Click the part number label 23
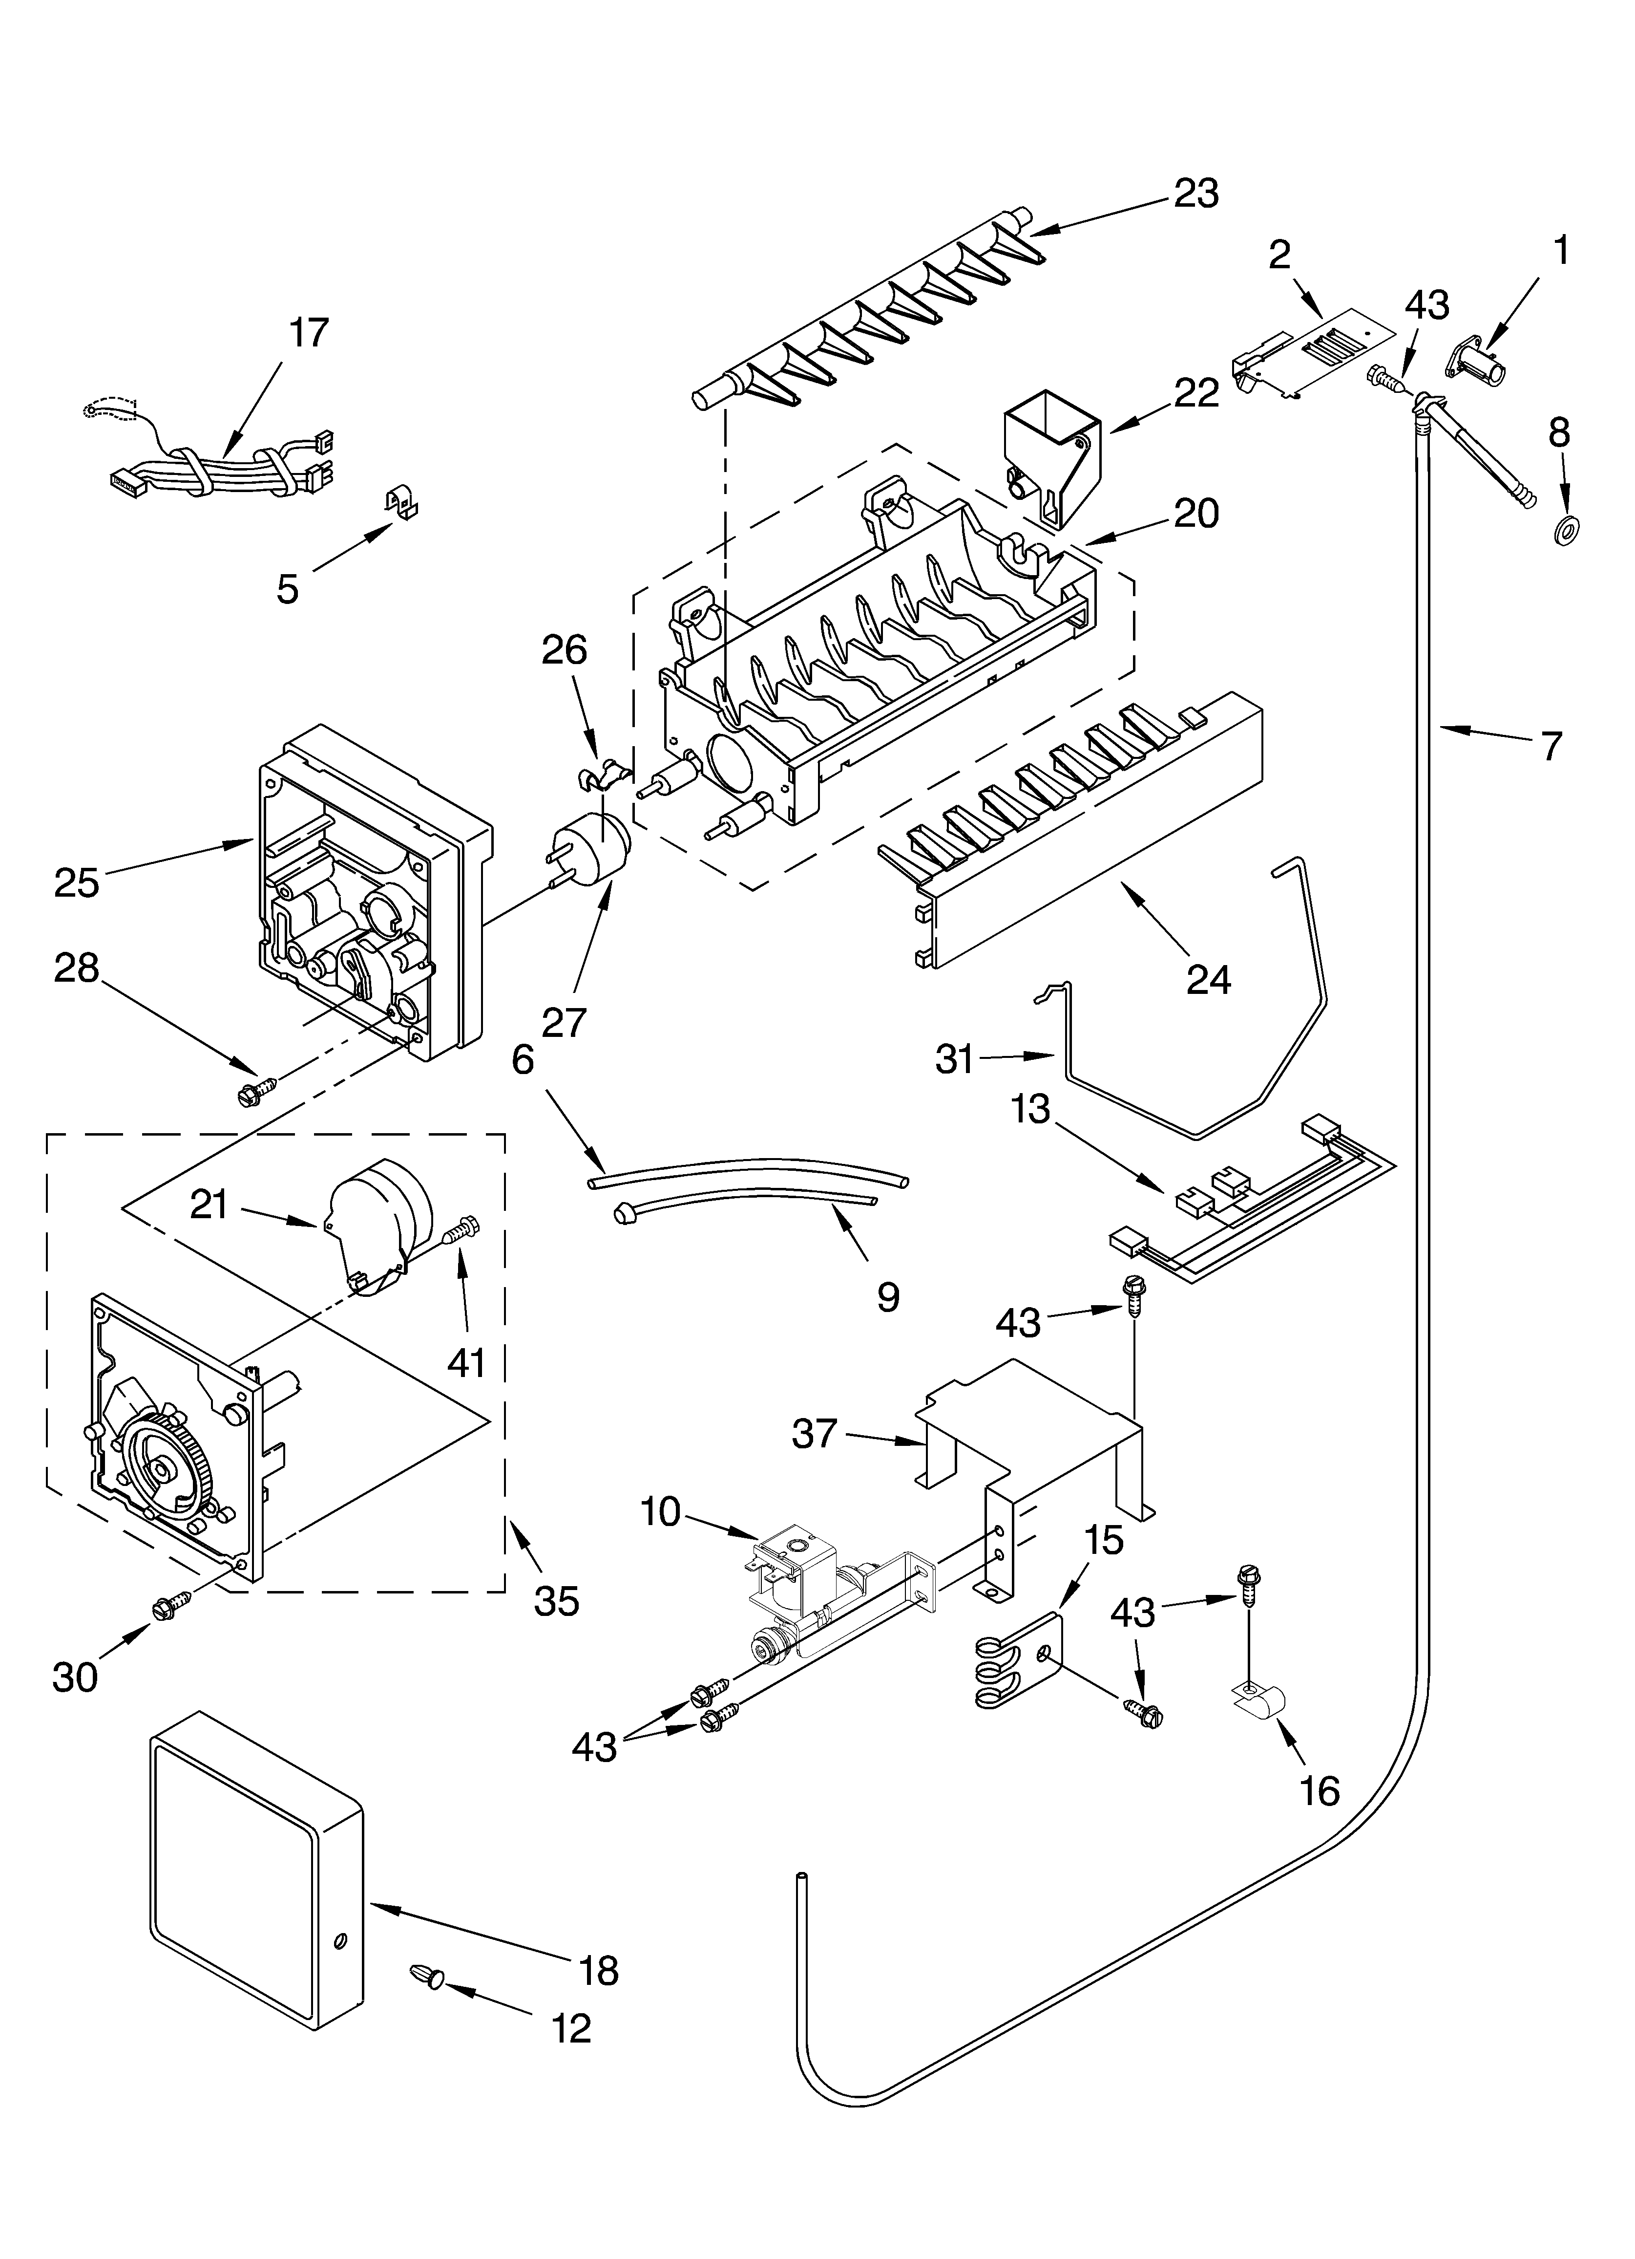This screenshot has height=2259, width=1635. point(1196,193)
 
